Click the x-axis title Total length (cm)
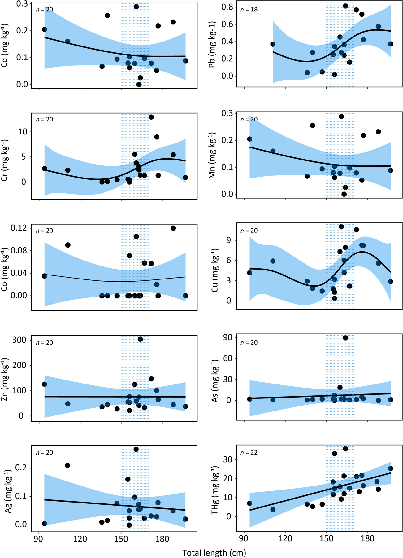[214, 553]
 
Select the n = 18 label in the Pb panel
[249, 10]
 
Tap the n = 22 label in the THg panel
[249, 453]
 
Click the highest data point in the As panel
[345, 338]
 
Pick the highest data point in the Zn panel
[140, 339]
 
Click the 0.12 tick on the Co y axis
[19, 228]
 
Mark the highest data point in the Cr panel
[151, 117]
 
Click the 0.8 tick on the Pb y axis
[227, 7]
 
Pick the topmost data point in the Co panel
[173, 228]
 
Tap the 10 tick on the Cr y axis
[24, 132]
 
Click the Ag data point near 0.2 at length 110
[67, 465]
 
